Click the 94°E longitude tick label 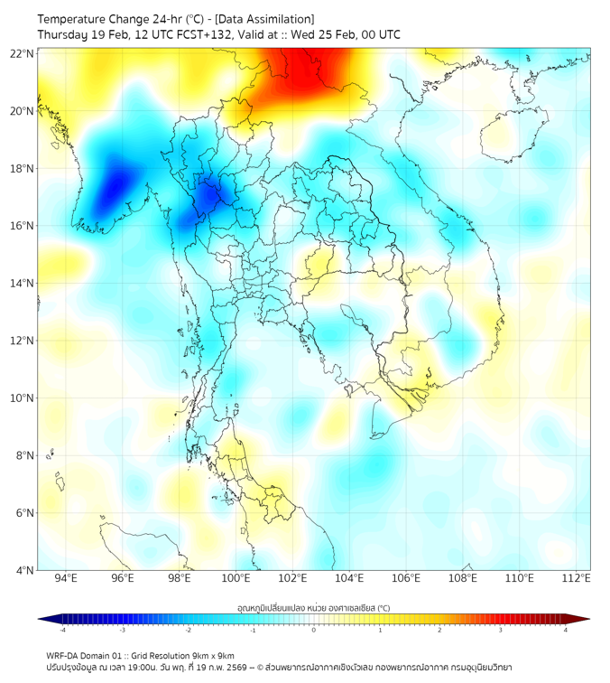pos(66,578)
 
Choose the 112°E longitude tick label pos(577,578)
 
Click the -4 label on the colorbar pos(61,631)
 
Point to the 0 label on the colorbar pos(314,631)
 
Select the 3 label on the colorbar pos(503,631)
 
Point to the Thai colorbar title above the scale pos(313,608)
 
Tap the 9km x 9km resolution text pos(212,655)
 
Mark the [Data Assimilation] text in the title pos(268,19)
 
